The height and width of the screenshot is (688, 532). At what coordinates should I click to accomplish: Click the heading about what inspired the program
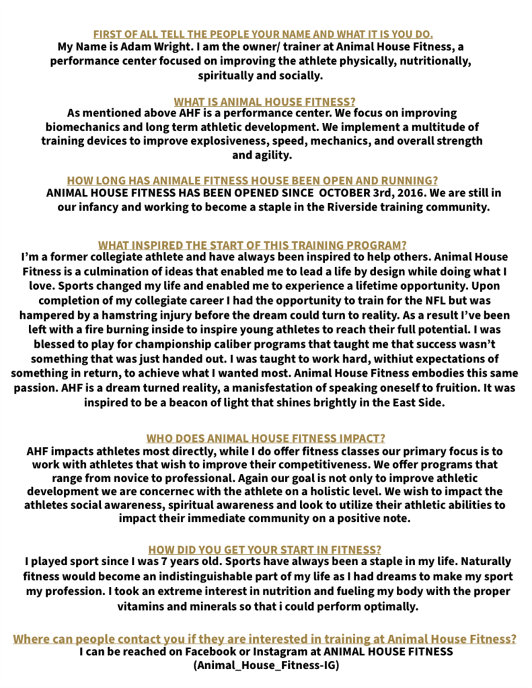point(253,245)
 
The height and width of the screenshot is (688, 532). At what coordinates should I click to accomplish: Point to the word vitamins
point(146,606)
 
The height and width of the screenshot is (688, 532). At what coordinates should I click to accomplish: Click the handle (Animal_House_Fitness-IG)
point(266,665)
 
